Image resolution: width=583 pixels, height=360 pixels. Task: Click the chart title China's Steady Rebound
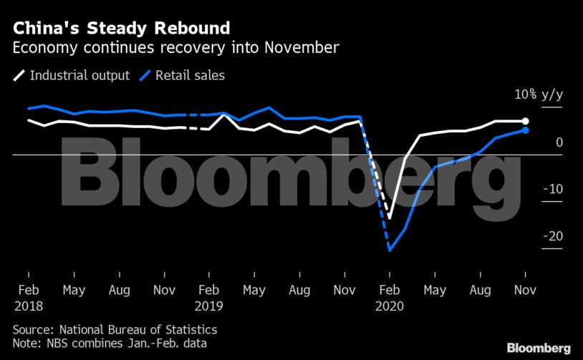pos(120,29)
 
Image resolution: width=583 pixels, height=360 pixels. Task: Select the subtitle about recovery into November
pos(175,49)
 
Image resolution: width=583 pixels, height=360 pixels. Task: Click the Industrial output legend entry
pos(79,75)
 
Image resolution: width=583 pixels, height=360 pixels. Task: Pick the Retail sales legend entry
pos(189,75)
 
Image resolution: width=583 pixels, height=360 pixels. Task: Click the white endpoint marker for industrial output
pos(526,122)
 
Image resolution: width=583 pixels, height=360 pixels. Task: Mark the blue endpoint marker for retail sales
pos(526,130)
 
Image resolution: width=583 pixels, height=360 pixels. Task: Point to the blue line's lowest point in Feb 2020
pos(390,250)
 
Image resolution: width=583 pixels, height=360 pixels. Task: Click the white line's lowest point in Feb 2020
pos(390,218)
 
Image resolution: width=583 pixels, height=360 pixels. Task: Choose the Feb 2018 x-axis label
pos(28,298)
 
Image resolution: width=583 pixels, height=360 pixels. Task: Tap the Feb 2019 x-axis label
pos(208,298)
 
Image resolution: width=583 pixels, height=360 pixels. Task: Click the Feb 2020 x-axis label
pos(390,298)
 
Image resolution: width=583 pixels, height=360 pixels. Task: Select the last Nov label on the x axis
pos(526,291)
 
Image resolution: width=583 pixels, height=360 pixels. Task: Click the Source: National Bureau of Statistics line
pos(115,330)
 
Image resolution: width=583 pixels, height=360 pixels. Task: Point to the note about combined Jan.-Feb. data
pos(109,344)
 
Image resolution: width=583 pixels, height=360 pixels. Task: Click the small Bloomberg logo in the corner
pos(539,347)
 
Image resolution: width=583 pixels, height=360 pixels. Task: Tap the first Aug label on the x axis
pos(119,291)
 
